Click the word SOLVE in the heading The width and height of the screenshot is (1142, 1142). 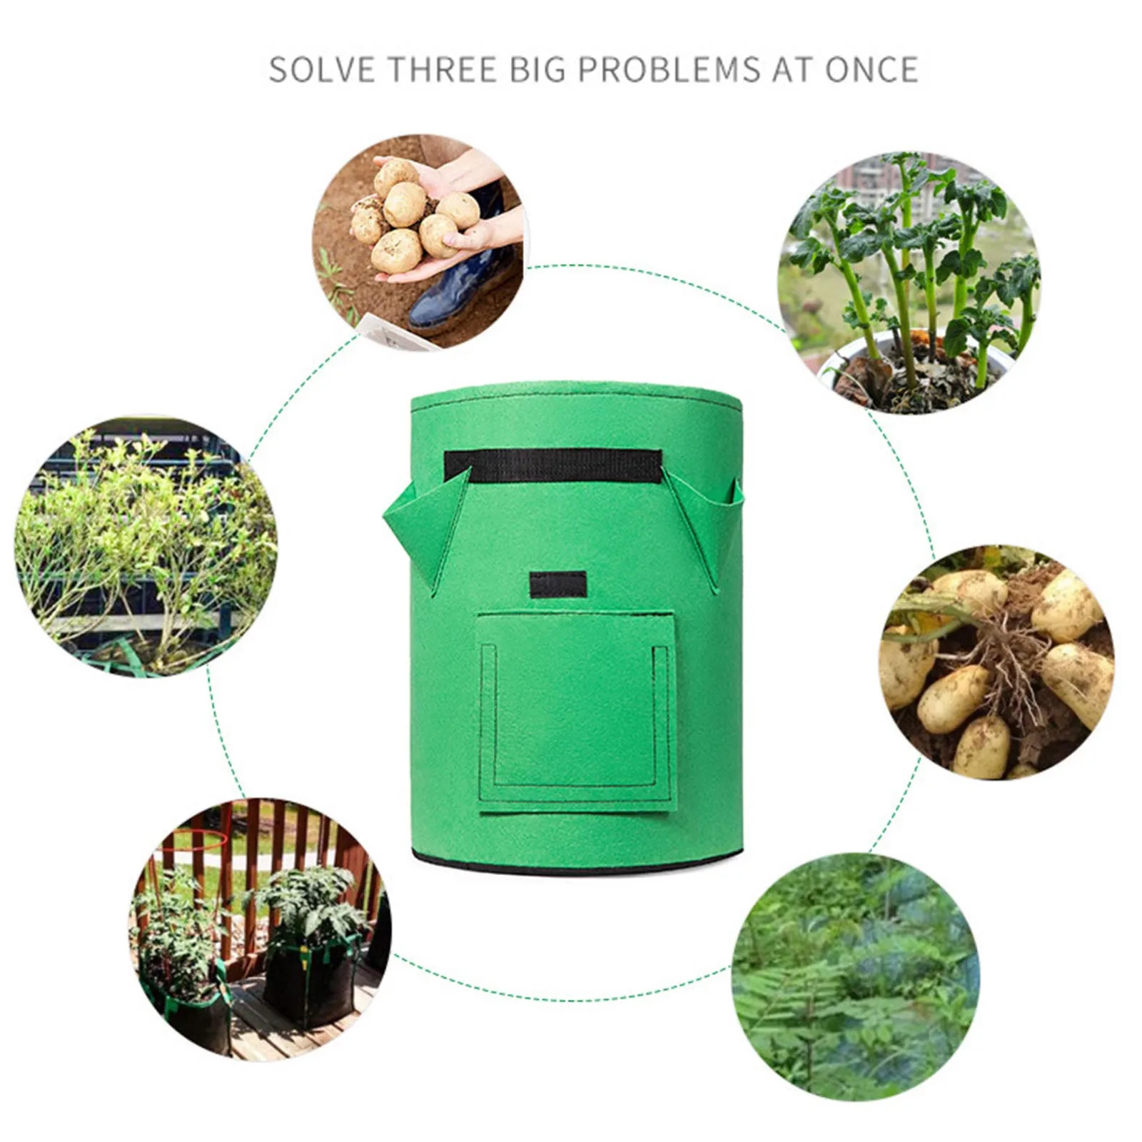(x=322, y=70)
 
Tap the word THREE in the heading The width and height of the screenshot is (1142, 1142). (x=442, y=70)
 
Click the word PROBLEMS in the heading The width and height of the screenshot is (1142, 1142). (x=669, y=70)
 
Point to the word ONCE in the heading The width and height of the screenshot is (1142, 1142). (x=871, y=70)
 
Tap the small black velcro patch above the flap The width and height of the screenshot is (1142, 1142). (x=558, y=585)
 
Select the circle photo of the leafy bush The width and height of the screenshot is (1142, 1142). (x=146, y=546)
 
